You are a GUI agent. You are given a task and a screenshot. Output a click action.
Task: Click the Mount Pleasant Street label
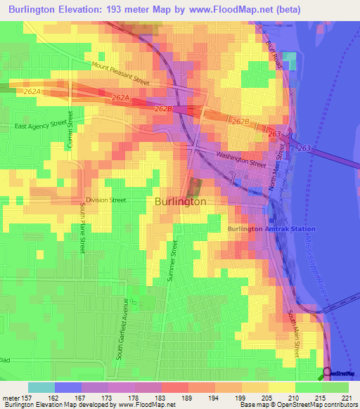point(120,73)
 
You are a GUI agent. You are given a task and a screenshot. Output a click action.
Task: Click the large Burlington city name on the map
point(180,201)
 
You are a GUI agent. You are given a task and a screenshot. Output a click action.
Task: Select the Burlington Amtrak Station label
point(271,229)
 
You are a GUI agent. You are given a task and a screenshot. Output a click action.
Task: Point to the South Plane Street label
point(82,235)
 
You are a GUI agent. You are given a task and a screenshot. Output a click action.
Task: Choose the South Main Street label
point(296,331)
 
